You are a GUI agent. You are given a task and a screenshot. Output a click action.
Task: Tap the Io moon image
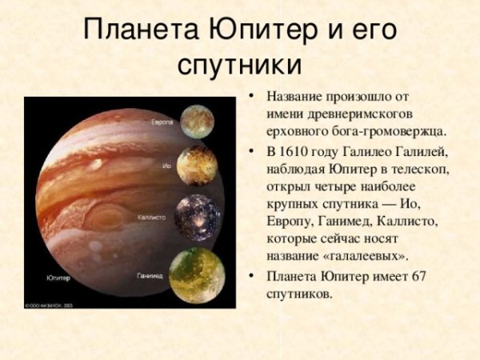coord(197,166)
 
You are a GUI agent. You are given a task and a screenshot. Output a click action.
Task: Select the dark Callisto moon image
coord(197,217)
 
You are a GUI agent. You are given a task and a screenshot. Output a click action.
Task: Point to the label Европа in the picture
coord(163,122)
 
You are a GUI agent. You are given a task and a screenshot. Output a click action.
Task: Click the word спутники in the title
coord(239,65)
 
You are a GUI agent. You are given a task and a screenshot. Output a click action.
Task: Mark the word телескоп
coord(421,170)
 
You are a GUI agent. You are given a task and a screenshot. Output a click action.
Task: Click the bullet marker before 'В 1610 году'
coord(253,152)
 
